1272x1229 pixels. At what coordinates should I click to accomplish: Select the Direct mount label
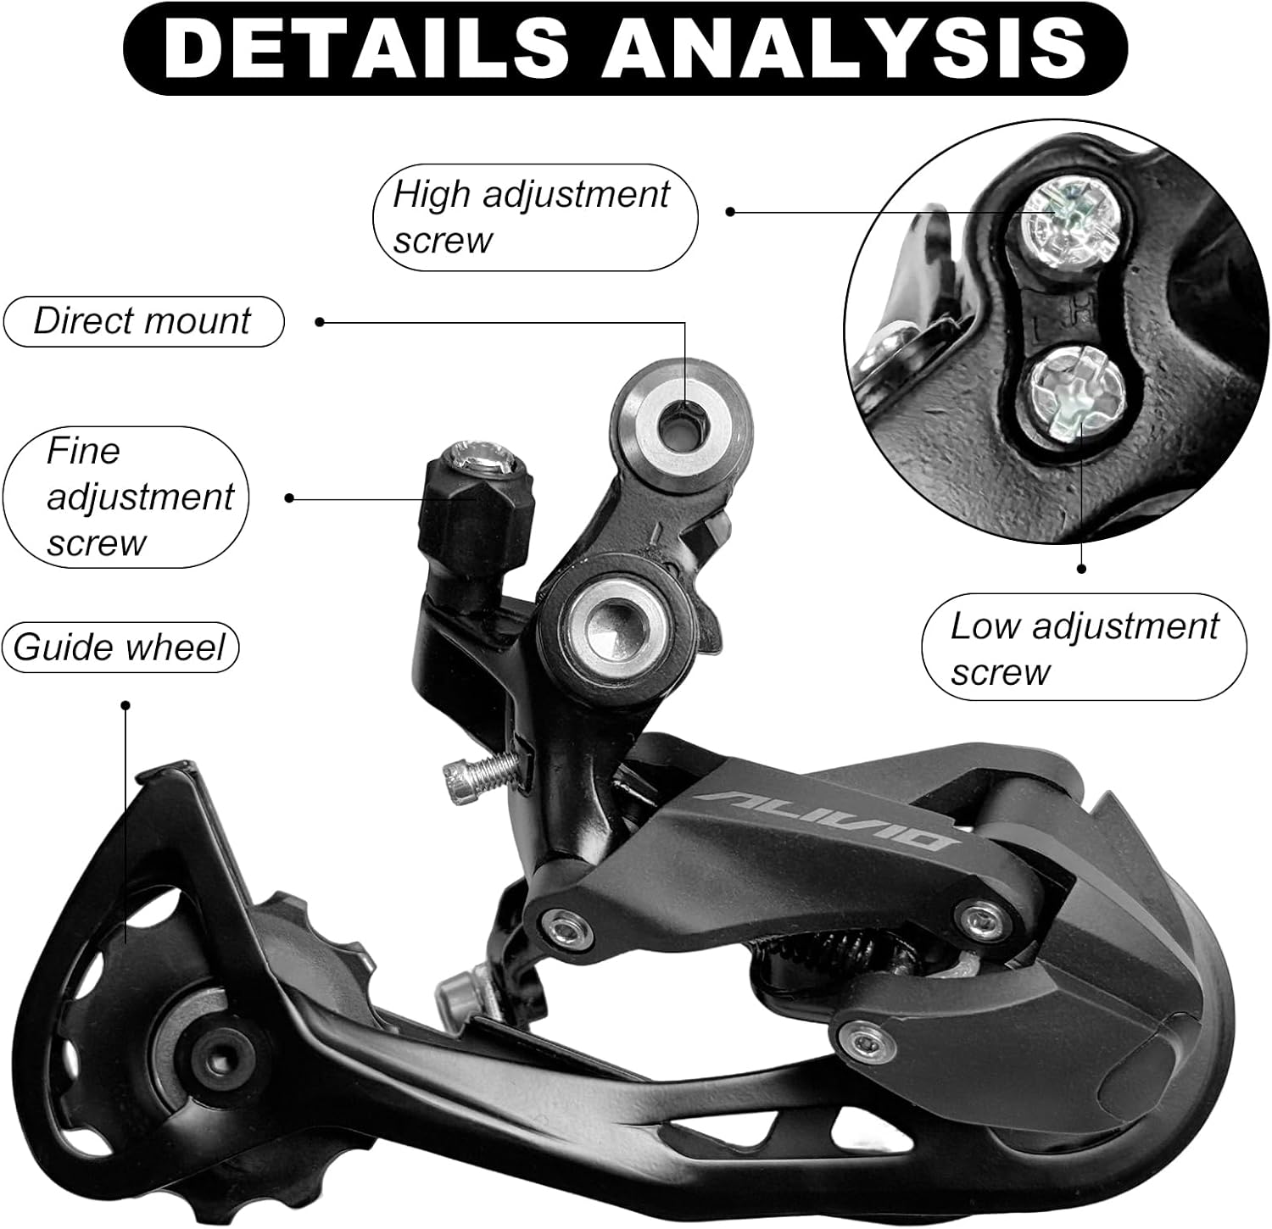click(142, 321)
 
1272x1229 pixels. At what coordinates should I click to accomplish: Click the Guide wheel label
click(120, 648)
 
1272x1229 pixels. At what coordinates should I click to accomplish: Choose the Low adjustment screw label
click(1083, 648)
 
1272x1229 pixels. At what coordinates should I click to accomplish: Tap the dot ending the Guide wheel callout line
click(126, 705)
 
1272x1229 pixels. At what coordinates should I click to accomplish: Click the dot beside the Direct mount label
click(320, 322)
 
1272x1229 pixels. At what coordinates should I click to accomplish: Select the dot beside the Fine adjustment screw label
click(289, 498)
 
